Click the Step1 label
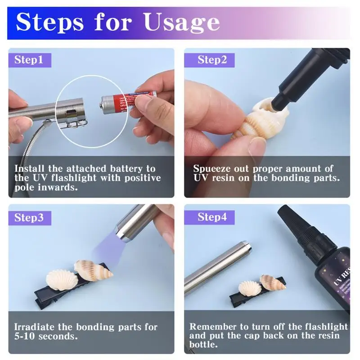point(29,60)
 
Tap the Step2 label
point(212,60)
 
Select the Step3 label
point(29,218)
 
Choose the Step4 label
point(212,218)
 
